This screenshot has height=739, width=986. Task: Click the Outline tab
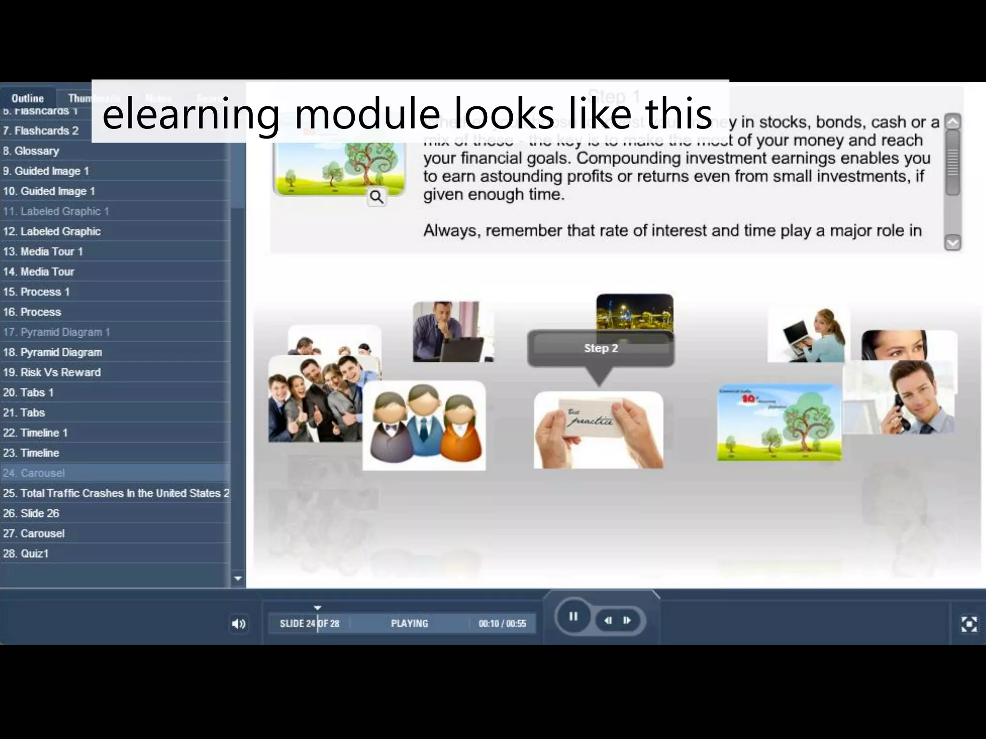click(27, 98)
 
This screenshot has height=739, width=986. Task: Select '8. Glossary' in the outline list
click(31, 151)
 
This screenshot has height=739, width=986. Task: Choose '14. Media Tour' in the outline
click(39, 272)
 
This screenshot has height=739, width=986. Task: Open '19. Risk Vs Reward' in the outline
click(52, 372)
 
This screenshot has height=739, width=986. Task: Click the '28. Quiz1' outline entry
click(26, 554)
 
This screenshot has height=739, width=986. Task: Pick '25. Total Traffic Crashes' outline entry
click(116, 493)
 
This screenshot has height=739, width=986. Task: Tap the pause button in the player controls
click(573, 616)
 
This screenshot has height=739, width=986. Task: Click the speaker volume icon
click(238, 624)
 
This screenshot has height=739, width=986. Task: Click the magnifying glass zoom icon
click(376, 197)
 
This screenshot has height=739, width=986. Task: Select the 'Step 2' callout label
click(601, 348)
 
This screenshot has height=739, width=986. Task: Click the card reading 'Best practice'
click(598, 430)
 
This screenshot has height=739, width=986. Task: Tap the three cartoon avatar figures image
click(424, 425)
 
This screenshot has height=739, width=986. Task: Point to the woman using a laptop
click(809, 334)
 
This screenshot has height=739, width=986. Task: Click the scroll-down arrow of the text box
click(953, 243)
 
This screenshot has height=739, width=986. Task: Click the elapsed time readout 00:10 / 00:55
click(502, 624)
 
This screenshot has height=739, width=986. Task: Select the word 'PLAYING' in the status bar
click(409, 624)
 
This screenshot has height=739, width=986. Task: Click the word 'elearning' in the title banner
click(191, 114)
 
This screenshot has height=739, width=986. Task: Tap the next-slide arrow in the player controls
click(627, 620)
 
